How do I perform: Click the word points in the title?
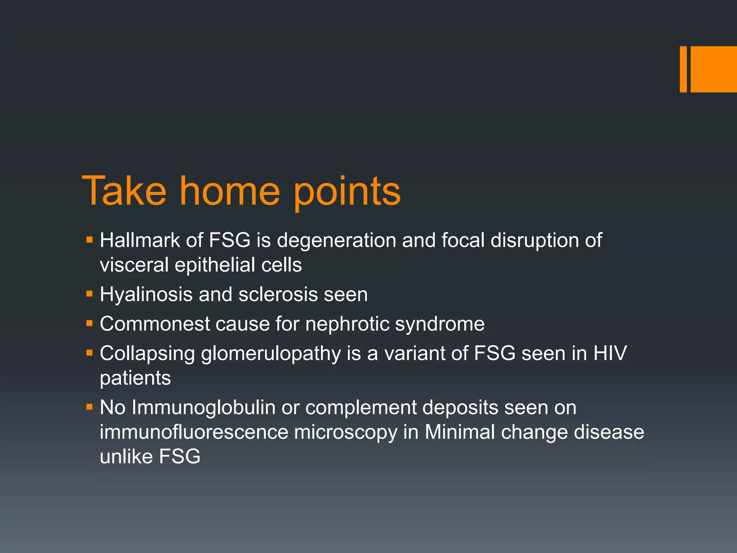tap(347, 192)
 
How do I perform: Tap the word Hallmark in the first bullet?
tap(140, 240)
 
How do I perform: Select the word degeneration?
tap(336, 241)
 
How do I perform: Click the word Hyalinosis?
tap(146, 295)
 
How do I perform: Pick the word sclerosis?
tap(278, 295)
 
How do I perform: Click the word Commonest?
tap(155, 324)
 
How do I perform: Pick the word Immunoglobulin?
tap(203, 408)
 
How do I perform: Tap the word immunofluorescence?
tap(194, 432)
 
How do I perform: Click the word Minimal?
tap(460, 432)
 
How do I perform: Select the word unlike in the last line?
tap(126, 457)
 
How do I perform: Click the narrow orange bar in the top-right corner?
tap(683, 69)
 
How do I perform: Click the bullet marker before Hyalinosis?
tap(90, 294)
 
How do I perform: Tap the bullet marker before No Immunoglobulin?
tap(90, 407)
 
